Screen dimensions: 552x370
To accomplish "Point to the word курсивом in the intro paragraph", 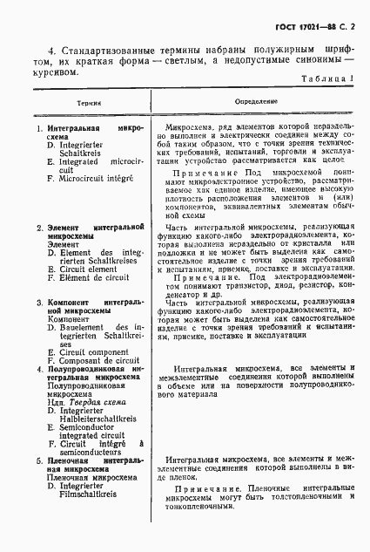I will click(57, 72).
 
